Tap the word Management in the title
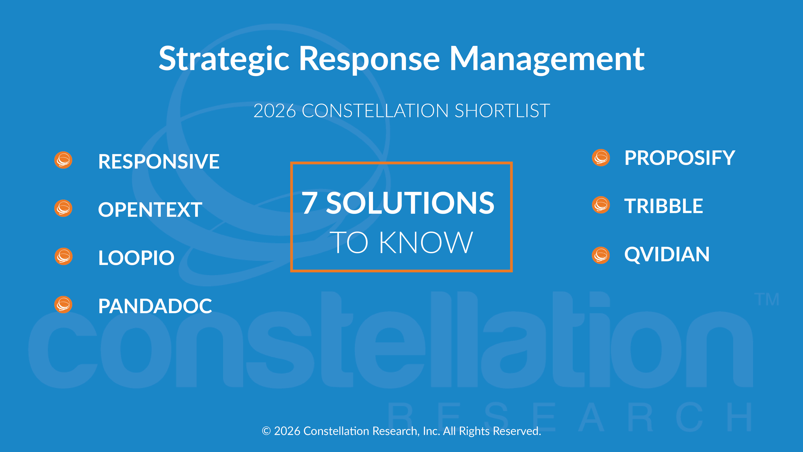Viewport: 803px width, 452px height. click(547, 59)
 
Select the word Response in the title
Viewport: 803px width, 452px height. click(369, 59)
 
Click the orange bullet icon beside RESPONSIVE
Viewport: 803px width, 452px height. click(63, 160)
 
